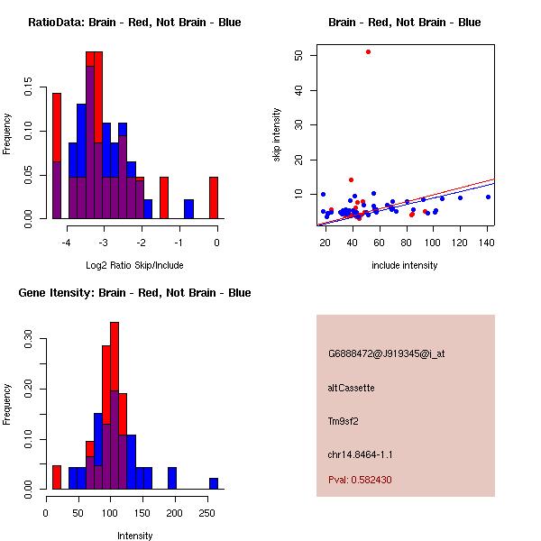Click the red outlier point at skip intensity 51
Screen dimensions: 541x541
click(368, 51)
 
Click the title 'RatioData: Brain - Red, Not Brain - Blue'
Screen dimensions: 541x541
click(134, 23)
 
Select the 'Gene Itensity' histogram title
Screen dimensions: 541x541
click(134, 293)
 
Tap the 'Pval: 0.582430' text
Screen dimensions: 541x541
click(360, 480)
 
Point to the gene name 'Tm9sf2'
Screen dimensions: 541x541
click(344, 421)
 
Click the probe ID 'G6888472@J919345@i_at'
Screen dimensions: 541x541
click(386, 353)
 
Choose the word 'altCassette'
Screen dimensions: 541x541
click(351, 388)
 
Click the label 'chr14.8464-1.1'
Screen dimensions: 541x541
click(360, 454)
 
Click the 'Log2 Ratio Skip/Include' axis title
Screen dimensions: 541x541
click(134, 265)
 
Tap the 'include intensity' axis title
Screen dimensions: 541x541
click(405, 265)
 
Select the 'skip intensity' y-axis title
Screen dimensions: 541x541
click(278, 135)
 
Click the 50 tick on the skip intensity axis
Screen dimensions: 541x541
click(298, 56)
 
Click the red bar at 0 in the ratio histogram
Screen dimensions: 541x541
click(214, 197)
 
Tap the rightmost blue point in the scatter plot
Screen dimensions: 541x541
click(488, 197)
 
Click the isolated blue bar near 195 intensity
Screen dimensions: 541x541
click(171, 478)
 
